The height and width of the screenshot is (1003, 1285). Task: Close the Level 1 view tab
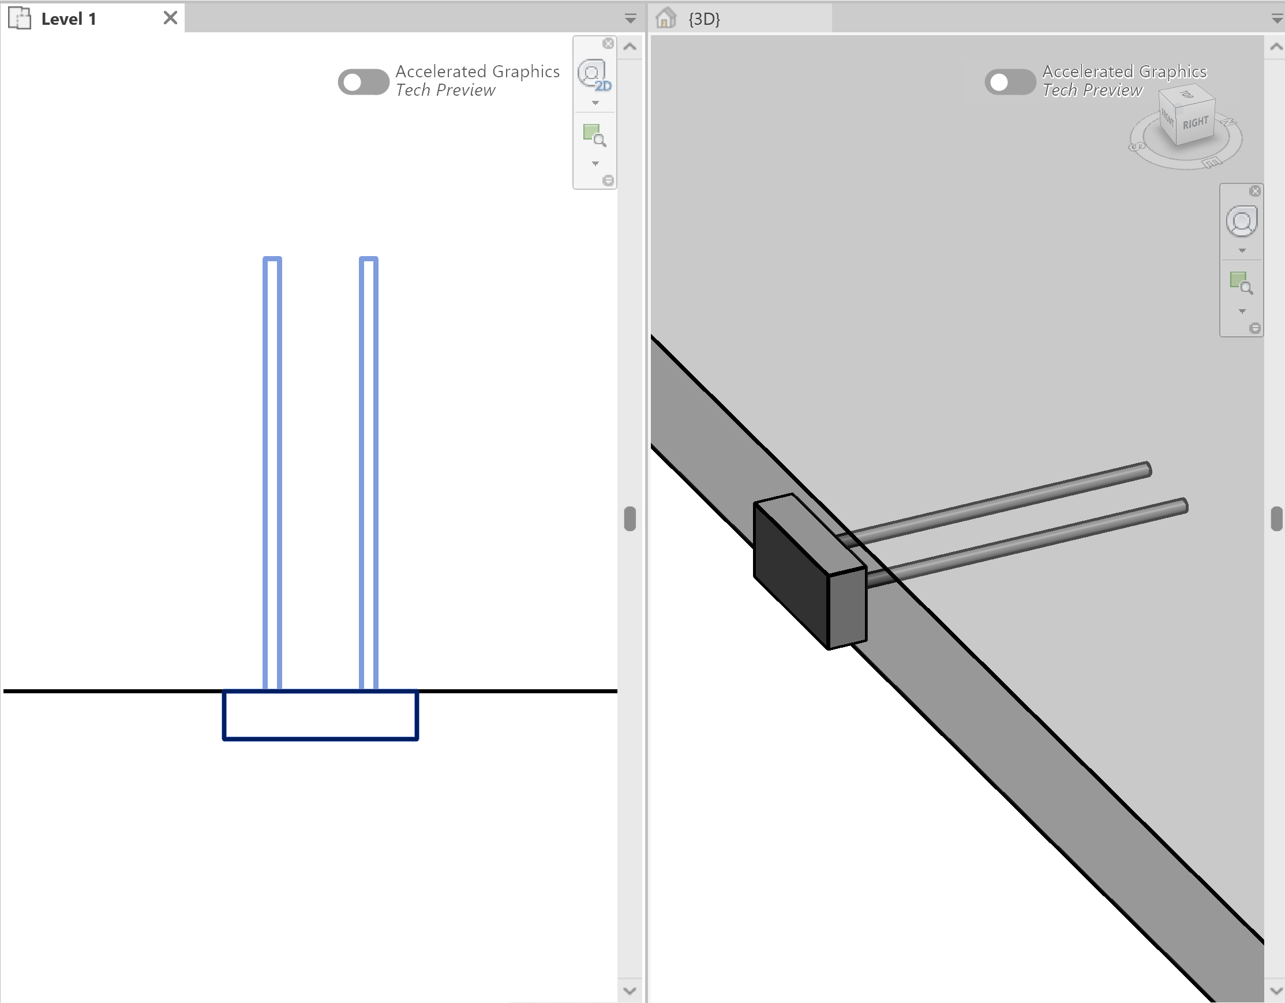[x=170, y=18]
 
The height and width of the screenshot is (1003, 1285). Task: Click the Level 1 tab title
[x=68, y=19]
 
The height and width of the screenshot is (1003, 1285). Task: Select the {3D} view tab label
[x=705, y=19]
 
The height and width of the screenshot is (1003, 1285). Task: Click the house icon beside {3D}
[x=666, y=18]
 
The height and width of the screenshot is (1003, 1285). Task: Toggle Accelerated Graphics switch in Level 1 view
[x=363, y=82]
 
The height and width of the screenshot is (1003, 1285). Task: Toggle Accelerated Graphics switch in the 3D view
[x=1010, y=82]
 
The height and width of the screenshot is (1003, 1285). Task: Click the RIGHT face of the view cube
[x=1195, y=123]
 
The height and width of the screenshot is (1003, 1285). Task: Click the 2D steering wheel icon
[x=593, y=75]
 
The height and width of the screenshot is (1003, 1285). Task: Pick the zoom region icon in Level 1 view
[x=594, y=135]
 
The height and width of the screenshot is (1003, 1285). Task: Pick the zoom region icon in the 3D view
[x=1241, y=283]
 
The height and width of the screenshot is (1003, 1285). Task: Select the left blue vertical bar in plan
[x=272, y=471]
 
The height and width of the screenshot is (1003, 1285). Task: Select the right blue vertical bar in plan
[x=368, y=471]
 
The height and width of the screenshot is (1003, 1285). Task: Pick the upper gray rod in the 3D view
[x=1000, y=501]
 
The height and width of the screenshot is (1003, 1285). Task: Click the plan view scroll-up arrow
[x=630, y=47]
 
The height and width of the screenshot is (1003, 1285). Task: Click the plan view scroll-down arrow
[x=630, y=991]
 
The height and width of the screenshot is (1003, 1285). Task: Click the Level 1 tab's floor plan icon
[x=20, y=18]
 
